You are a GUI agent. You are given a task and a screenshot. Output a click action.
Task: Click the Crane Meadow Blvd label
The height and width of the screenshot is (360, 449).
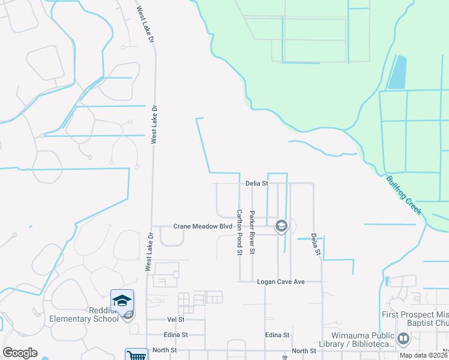pyautogui.click(x=202, y=227)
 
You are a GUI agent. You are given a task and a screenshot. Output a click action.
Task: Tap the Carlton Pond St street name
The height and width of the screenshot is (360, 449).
pyautogui.click(x=239, y=232)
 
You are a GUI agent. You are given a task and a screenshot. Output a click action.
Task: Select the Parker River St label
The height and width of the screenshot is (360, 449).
pyautogui.click(x=253, y=232)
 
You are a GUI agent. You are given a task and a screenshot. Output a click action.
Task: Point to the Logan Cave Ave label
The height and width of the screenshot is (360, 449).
pyautogui.click(x=282, y=281)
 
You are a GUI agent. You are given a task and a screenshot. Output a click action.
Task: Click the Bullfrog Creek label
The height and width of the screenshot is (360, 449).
pyautogui.click(x=403, y=195)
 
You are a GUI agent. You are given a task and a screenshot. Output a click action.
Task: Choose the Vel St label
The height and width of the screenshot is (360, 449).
pyautogui.click(x=175, y=320)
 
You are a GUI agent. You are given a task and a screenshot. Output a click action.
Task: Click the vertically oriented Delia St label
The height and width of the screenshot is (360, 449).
pyautogui.click(x=314, y=244)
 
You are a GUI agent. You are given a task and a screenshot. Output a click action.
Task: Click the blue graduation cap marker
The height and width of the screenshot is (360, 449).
pyautogui.click(x=122, y=300)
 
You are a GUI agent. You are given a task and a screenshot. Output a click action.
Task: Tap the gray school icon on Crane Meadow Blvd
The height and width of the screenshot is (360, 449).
pyautogui.click(x=280, y=226)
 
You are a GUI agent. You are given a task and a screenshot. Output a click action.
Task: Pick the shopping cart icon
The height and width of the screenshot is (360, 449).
pyautogui.click(x=137, y=355)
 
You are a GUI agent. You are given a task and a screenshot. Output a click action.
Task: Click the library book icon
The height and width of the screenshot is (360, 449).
pyautogui.click(x=403, y=339)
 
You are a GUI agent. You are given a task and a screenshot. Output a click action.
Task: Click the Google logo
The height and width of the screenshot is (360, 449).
pyautogui.click(x=20, y=353)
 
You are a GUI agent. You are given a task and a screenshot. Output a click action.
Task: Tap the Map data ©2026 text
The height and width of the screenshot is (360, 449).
pyautogui.click(x=422, y=355)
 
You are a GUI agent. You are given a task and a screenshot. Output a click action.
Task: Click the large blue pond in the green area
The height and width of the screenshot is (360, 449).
pyautogui.click(x=397, y=73)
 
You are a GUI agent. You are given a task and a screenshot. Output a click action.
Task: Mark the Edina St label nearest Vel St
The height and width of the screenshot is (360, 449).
pyautogui.click(x=175, y=335)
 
